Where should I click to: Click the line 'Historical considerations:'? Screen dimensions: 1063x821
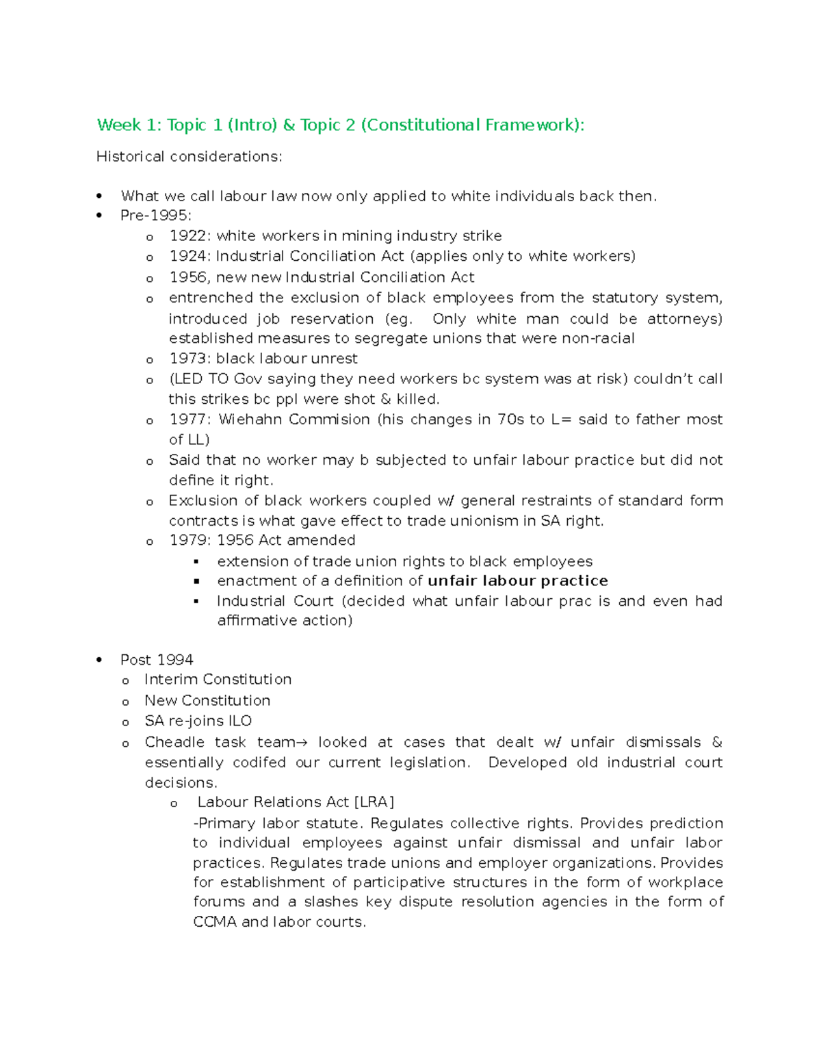(x=189, y=157)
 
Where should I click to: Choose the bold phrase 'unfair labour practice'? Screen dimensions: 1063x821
(x=518, y=581)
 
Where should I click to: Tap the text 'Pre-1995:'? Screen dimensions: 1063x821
(x=156, y=216)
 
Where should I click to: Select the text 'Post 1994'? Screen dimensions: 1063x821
(x=157, y=660)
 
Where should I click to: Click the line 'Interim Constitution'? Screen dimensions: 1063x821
(x=218, y=680)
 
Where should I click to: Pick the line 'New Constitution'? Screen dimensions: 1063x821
(x=207, y=701)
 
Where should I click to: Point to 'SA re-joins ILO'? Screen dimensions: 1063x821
(x=198, y=721)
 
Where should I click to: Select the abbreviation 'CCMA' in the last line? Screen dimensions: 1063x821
(x=214, y=922)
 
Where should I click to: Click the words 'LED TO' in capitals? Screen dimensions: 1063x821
(x=198, y=379)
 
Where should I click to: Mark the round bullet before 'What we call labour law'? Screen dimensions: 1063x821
(x=100, y=196)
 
